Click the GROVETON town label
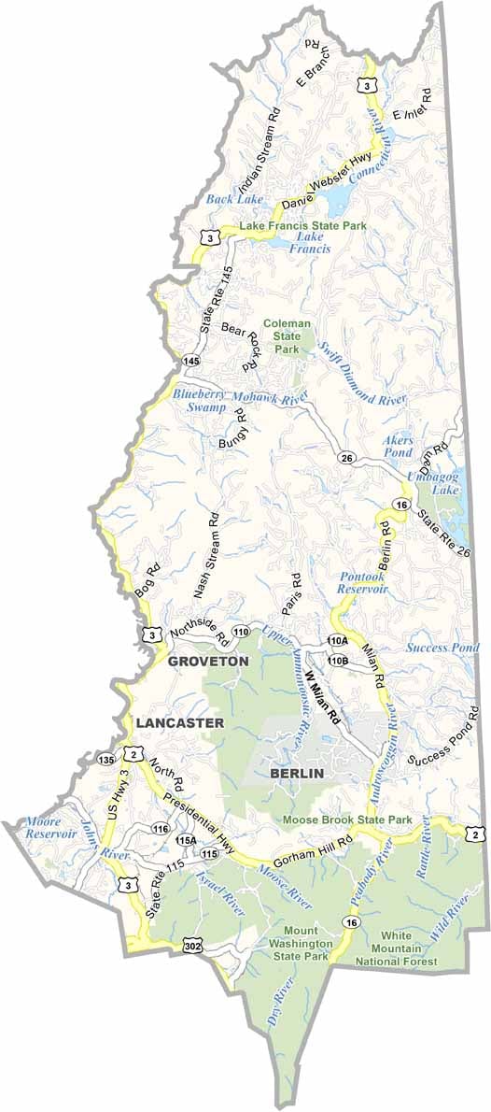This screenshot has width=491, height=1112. (208, 661)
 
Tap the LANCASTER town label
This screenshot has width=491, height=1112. (178, 723)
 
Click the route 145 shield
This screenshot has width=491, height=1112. (191, 360)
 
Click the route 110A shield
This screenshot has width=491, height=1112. (337, 640)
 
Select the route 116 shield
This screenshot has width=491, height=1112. (161, 829)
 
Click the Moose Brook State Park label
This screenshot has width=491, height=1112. (348, 820)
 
